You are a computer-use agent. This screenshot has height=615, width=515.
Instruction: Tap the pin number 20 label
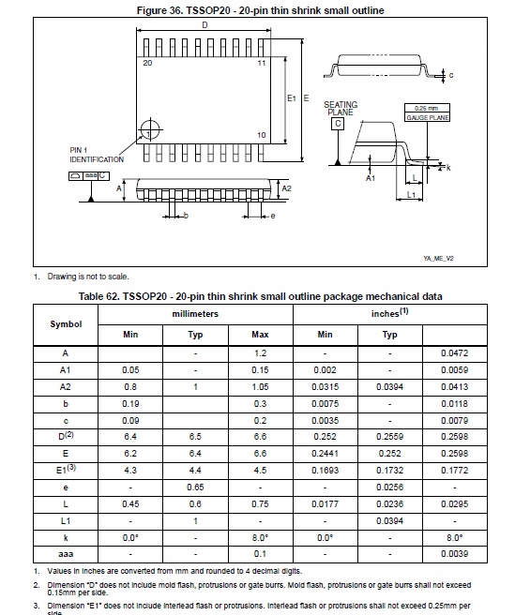(147, 63)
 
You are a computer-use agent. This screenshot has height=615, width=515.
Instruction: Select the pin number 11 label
(261, 63)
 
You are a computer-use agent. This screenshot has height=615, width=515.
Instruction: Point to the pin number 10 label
(261, 134)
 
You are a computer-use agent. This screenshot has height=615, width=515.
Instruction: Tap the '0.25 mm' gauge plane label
(426, 108)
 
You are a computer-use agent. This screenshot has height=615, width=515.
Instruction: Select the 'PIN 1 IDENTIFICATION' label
(96, 155)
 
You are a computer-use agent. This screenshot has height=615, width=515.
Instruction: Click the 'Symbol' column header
(66, 323)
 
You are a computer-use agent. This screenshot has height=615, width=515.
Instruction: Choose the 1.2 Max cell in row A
(260, 352)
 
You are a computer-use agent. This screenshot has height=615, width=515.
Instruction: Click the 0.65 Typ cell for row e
(195, 487)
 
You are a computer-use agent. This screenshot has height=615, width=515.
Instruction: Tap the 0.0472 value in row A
(454, 352)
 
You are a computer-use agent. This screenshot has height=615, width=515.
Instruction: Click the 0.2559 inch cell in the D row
(389, 437)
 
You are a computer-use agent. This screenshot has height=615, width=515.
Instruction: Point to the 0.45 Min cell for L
(130, 504)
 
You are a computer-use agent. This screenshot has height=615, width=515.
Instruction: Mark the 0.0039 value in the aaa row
(454, 555)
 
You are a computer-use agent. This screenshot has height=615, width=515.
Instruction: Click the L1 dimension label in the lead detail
(411, 195)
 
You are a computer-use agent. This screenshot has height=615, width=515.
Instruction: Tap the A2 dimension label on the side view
(287, 188)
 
